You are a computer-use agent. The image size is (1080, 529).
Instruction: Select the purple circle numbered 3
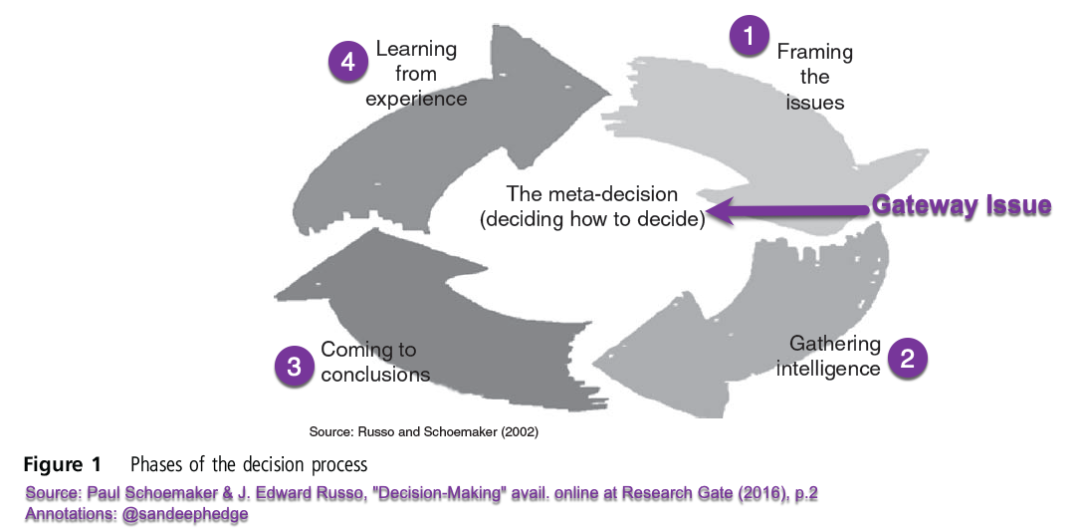(x=294, y=366)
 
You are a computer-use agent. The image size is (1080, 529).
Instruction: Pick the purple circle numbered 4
(x=347, y=61)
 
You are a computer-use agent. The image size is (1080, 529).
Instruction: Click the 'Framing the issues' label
(x=814, y=77)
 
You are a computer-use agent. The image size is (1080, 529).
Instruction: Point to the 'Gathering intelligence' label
(x=834, y=356)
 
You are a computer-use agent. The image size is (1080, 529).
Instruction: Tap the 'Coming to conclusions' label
(x=374, y=363)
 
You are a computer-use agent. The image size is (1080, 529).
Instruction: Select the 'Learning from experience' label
(x=416, y=74)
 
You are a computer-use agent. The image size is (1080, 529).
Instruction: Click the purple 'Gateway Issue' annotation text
(x=962, y=206)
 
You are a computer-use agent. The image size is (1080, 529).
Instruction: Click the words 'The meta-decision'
(x=591, y=194)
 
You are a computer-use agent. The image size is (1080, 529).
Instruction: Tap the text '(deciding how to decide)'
(x=592, y=219)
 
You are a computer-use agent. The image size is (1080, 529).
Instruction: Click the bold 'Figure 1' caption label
(x=63, y=464)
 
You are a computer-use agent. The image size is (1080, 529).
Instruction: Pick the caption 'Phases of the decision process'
(x=249, y=465)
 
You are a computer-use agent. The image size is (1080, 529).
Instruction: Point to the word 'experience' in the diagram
(x=416, y=99)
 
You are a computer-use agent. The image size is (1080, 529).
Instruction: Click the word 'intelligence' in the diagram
(x=834, y=369)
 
